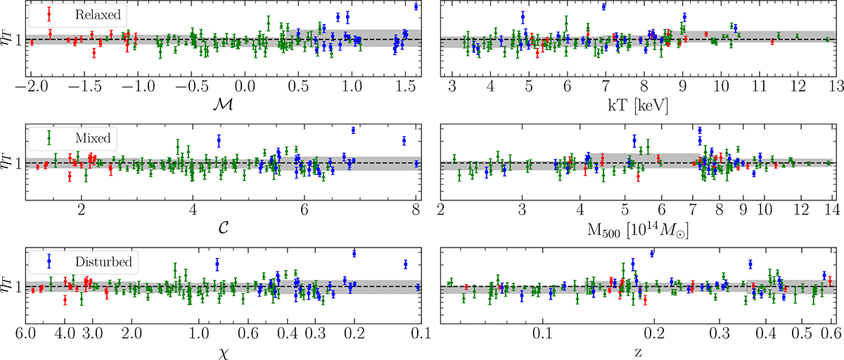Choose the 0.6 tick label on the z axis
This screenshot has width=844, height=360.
coord(829,332)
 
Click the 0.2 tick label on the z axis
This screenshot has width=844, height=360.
coord(654,332)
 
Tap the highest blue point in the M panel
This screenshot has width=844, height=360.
coord(416,6)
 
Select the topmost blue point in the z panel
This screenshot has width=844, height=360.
coord(652,253)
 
